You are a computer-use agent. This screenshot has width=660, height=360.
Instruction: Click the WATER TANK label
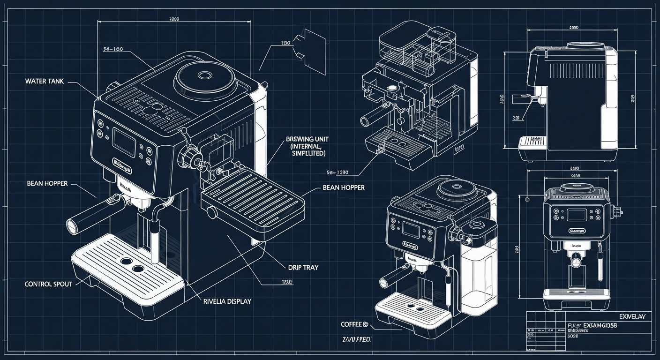44,81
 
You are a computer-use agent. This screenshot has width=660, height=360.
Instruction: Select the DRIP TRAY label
303,267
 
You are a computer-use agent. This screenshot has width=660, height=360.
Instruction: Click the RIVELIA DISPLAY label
227,301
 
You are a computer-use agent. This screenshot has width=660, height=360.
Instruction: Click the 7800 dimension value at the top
173,20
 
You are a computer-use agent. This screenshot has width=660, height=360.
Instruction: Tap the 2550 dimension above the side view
574,27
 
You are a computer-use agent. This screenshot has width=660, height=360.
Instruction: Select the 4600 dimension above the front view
574,168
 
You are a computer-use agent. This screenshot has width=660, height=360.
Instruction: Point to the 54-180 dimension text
113,49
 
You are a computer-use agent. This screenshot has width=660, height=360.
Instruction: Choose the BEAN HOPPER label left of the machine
47,184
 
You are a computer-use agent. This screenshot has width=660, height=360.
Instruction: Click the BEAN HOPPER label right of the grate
344,187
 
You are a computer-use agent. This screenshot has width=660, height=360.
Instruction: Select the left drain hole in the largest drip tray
125,261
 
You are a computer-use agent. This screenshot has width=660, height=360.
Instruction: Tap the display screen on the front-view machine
577,215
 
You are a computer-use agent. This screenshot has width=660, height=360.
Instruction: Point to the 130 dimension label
285,43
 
